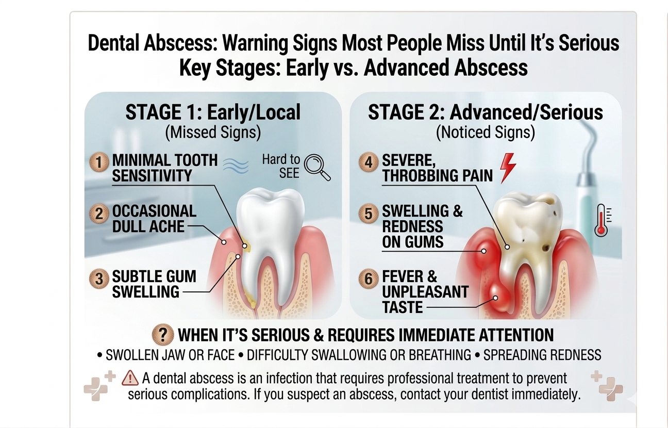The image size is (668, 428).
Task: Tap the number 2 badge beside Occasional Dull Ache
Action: tap(99, 213)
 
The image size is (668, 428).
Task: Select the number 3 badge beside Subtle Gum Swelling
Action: tap(99, 279)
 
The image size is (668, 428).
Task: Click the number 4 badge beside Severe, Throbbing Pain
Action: tap(369, 162)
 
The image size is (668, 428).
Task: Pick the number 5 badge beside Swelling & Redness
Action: tap(369, 213)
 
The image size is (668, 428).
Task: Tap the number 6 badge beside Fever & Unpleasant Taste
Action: tap(369, 279)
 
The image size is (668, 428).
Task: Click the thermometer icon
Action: tap(600, 220)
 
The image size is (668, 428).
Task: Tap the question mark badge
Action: tap(163, 335)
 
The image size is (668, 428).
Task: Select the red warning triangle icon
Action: tap(130, 379)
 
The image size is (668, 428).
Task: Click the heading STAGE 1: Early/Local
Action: tap(212, 112)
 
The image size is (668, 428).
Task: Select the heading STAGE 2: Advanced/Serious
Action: tap(485, 112)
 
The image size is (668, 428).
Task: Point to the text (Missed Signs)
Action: tap(212, 133)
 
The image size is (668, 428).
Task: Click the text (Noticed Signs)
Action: tap(485, 133)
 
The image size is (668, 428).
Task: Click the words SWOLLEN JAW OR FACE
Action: tap(173, 355)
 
